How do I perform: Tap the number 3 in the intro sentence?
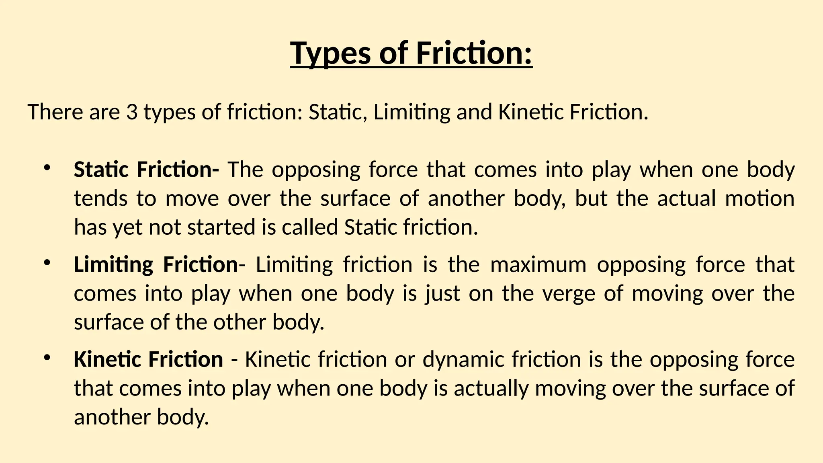pos(132,112)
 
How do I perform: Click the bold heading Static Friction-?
pos(146,169)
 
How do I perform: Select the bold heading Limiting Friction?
pos(156,264)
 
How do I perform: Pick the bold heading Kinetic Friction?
pos(148,359)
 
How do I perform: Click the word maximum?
pos(538,264)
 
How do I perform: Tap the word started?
pos(221,227)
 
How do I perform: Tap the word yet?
pos(127,227)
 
